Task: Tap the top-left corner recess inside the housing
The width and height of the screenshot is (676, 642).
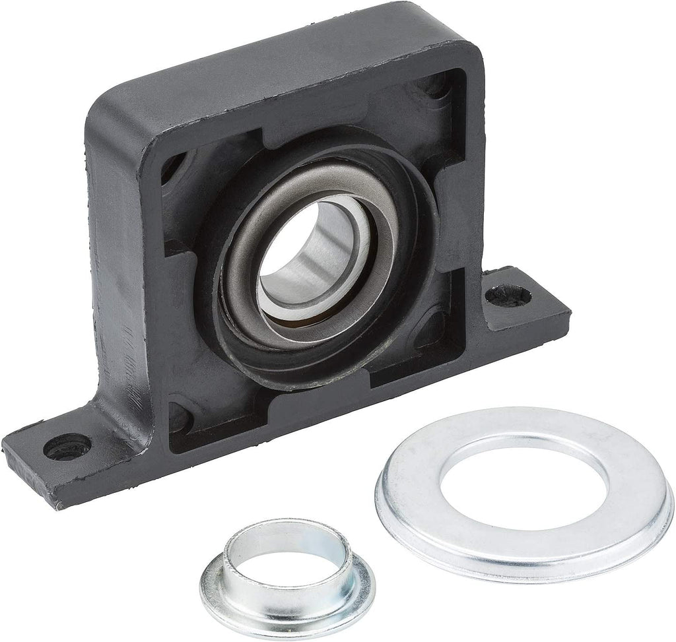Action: [x=173, y=165]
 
